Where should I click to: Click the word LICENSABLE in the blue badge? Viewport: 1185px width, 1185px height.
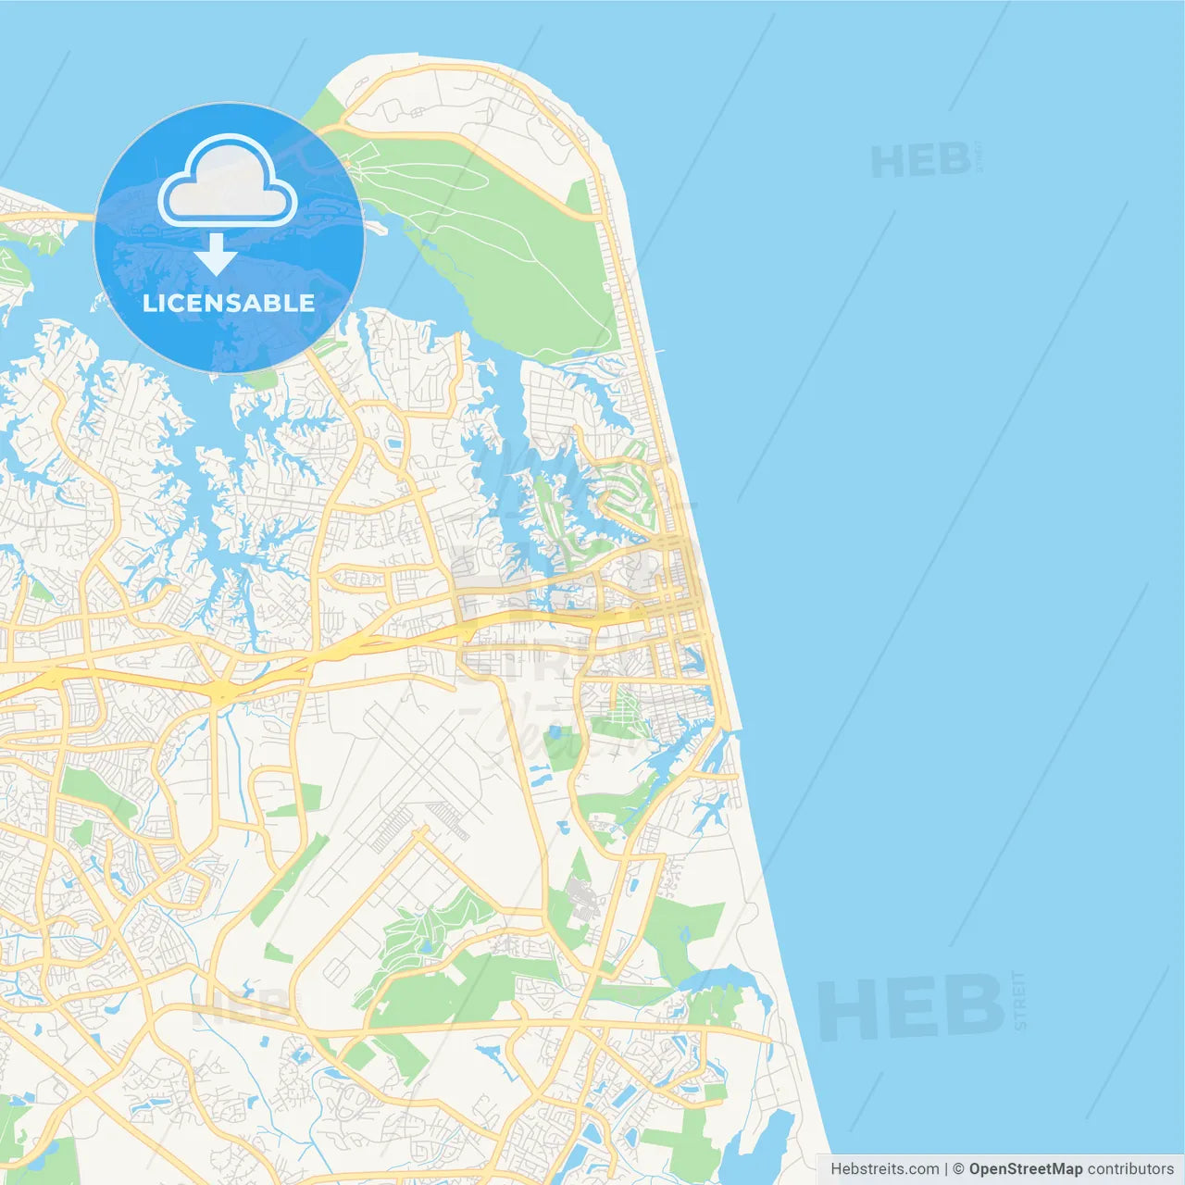(229, 303)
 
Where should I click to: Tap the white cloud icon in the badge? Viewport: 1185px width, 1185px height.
(228, 181)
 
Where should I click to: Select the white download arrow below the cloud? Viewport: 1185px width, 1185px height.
(217, 254)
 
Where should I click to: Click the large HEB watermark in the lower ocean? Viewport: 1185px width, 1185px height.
(911, 1007)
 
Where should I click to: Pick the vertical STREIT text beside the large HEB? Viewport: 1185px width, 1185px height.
(1020, 1000)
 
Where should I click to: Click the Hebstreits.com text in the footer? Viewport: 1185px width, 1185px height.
(884, 1169)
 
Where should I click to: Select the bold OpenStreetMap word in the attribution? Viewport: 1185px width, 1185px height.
(1025, 1169)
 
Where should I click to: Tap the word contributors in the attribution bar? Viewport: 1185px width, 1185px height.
(1129, 1169)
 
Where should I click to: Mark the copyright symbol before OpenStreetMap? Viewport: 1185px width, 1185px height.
(958, 1169)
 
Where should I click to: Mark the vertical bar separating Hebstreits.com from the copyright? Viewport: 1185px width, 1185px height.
(945, 1169)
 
